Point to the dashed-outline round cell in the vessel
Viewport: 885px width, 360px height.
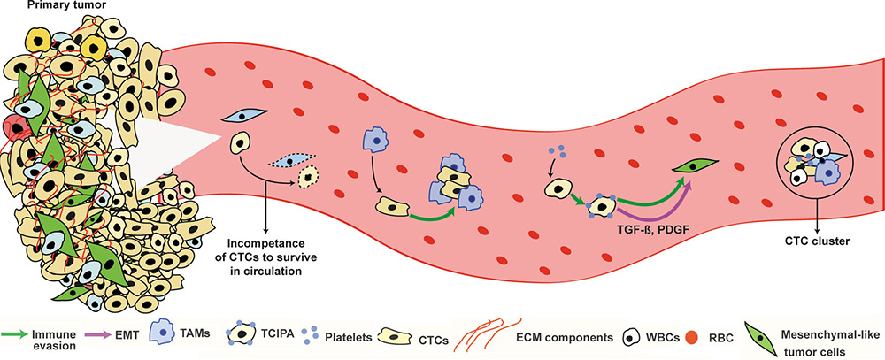click(309, 178)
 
